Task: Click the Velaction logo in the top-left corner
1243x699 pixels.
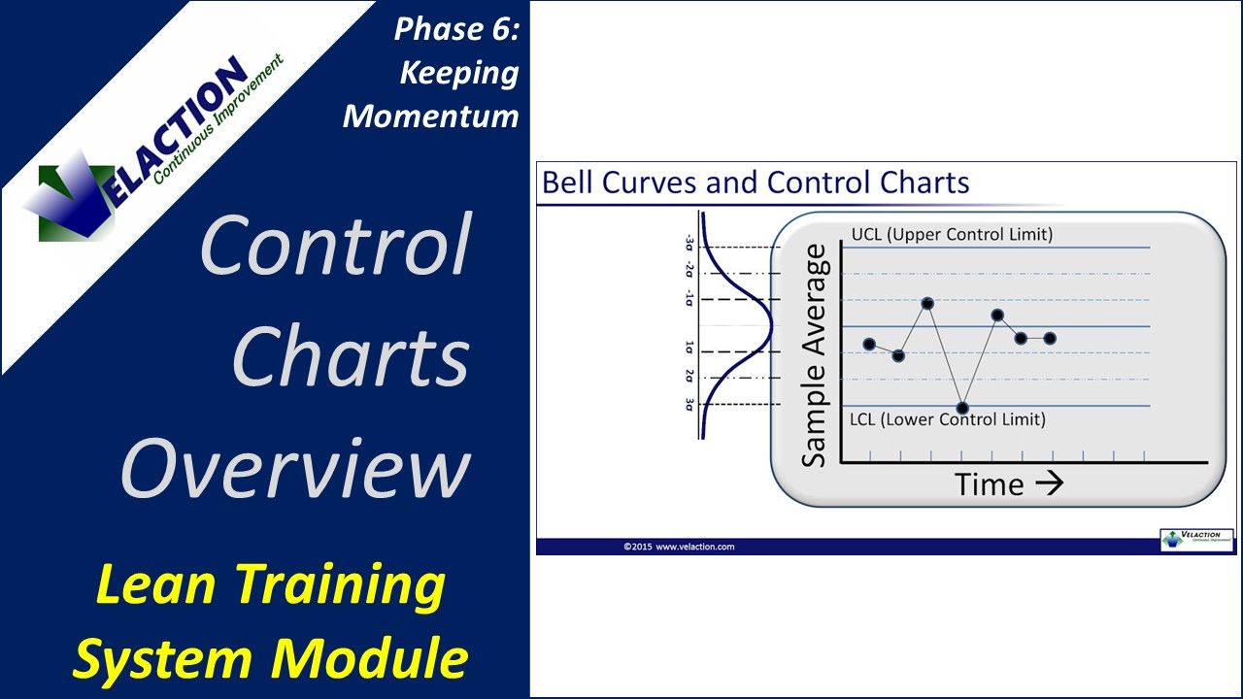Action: click(146, 146)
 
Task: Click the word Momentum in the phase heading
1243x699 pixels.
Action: click(431, 116)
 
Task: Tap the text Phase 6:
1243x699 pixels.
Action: click(456, 29)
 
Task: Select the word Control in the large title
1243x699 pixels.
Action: click(336, 245)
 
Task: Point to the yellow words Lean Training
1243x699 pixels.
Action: click(260, 585)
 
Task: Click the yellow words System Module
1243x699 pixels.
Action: click(270, 658)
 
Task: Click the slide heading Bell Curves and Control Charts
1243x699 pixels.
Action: click(756, 183)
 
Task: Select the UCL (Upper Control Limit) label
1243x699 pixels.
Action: click(951, 235)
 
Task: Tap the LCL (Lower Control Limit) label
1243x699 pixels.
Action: click(947, 419)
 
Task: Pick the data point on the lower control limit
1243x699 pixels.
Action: click(962, 408)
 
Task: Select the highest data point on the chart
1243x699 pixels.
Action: click(927, 304)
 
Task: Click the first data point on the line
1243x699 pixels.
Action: click(869, 345)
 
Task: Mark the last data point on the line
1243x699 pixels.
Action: click(1050, 338)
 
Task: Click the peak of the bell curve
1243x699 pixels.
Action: click(771, 325)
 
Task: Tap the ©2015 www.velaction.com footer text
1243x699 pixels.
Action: click(679, 547)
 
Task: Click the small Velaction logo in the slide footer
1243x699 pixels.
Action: click(1196, 541)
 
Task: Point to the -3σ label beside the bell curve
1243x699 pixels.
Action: click(689, 242)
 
